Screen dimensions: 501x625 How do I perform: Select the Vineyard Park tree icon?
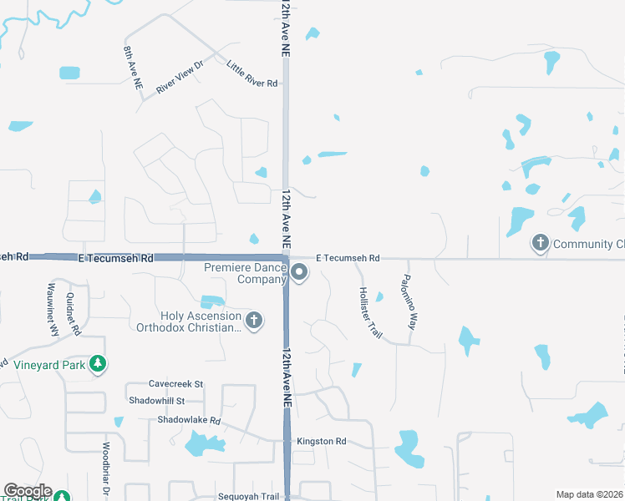(x=99, y=364)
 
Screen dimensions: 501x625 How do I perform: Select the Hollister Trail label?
(x=369, y=311)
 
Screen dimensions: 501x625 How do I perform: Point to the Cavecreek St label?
(x=175, y=384)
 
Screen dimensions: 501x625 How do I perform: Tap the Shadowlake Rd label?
(x=188, y=420)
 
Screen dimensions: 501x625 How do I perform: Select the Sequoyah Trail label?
(x=247, y=496)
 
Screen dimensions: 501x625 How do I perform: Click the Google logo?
(x=27, y=492)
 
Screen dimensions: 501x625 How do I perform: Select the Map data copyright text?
(x=588, y=494)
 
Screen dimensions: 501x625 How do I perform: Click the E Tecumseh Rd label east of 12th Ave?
(x=348, y=259)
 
